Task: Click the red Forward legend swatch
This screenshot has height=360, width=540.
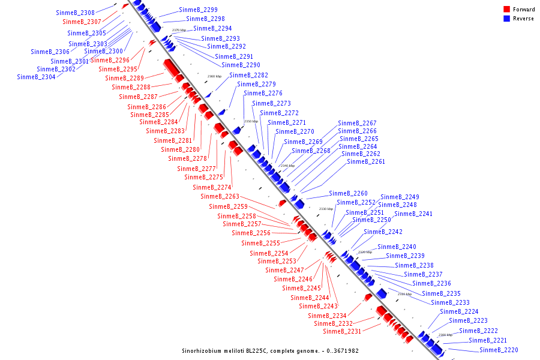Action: pyautogui.click(x=507, y=10)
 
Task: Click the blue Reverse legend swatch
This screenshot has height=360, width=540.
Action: pyautogui.click(x=507, y=19)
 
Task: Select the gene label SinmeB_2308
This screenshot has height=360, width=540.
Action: pyautogui.click(x=75, y=13)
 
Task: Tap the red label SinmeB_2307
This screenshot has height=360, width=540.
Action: pyautogui.click(x=82, y=22)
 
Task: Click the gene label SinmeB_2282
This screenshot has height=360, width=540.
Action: pyautogui.click(x=248, y=75)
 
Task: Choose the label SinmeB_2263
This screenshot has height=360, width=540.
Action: pyautogui.click(x=220, y=196)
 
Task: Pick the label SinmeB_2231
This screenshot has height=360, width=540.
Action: pyautogui.click(x=342, y=331)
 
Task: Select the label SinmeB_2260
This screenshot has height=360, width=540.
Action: pyautogui.click(x=348, y=193)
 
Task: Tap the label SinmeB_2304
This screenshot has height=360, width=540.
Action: pyautogui.click(x=36, y=77)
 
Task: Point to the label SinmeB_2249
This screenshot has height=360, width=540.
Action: pyautogui.click(x=400, y=197)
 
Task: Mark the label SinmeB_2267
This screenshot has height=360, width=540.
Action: pyautogui.click(x=357, y=123)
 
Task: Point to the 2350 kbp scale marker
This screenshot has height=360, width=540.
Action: pyautogui.click(x=251, y=121)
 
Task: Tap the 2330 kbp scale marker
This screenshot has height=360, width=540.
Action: pyautogui.click(x=326, y=209)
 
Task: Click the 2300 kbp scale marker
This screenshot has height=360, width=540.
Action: pyautogui.click(x=445, y=335)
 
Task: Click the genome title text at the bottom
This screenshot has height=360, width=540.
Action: pyautogui.click(x=270, y=350)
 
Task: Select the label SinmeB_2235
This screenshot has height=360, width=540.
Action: pyautogui.click(x=441, y=293)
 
